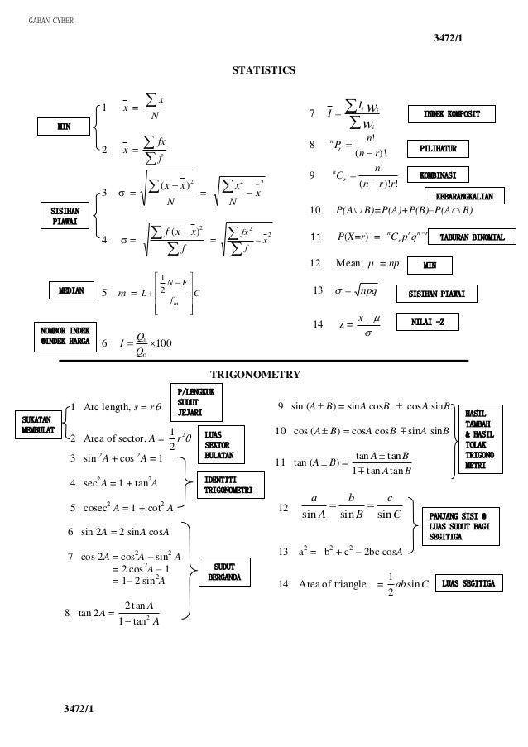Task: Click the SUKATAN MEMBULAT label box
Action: pos(37,424)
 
